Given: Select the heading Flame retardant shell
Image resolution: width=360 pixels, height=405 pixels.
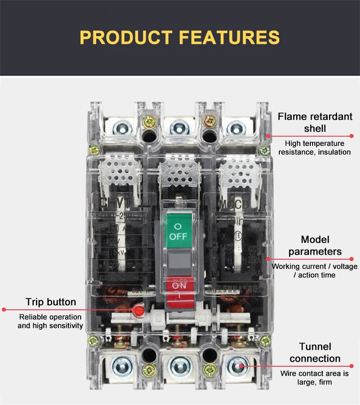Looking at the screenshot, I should click(x=315, y=122).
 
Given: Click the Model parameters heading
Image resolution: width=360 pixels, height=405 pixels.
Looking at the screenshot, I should click(x=315, y=246).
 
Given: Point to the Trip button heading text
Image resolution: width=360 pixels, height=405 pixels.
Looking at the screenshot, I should click(x=51, y=302).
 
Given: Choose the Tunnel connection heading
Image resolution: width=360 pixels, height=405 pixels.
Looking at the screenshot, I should click(x=315, y=353).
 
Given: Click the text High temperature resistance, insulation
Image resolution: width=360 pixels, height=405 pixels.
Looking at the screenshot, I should click(x=315, y=148).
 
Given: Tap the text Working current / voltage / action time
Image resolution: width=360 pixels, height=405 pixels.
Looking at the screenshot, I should click(x=315, y=271).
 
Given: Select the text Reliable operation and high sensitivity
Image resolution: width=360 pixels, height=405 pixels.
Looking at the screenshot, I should click(x=51, y=321).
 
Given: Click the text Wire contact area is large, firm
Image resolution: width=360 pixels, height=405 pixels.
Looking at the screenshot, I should click(x=315, y=378).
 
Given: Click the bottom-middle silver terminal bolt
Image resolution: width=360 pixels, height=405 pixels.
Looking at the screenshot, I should click(x=178, y=367).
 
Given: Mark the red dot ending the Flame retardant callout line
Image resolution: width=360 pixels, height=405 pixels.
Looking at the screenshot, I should click(x=352, y=136).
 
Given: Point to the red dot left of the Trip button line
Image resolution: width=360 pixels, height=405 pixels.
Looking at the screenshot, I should click(x=4, y=309).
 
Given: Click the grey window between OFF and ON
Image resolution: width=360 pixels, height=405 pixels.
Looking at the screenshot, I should click(x=178, y=260).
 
